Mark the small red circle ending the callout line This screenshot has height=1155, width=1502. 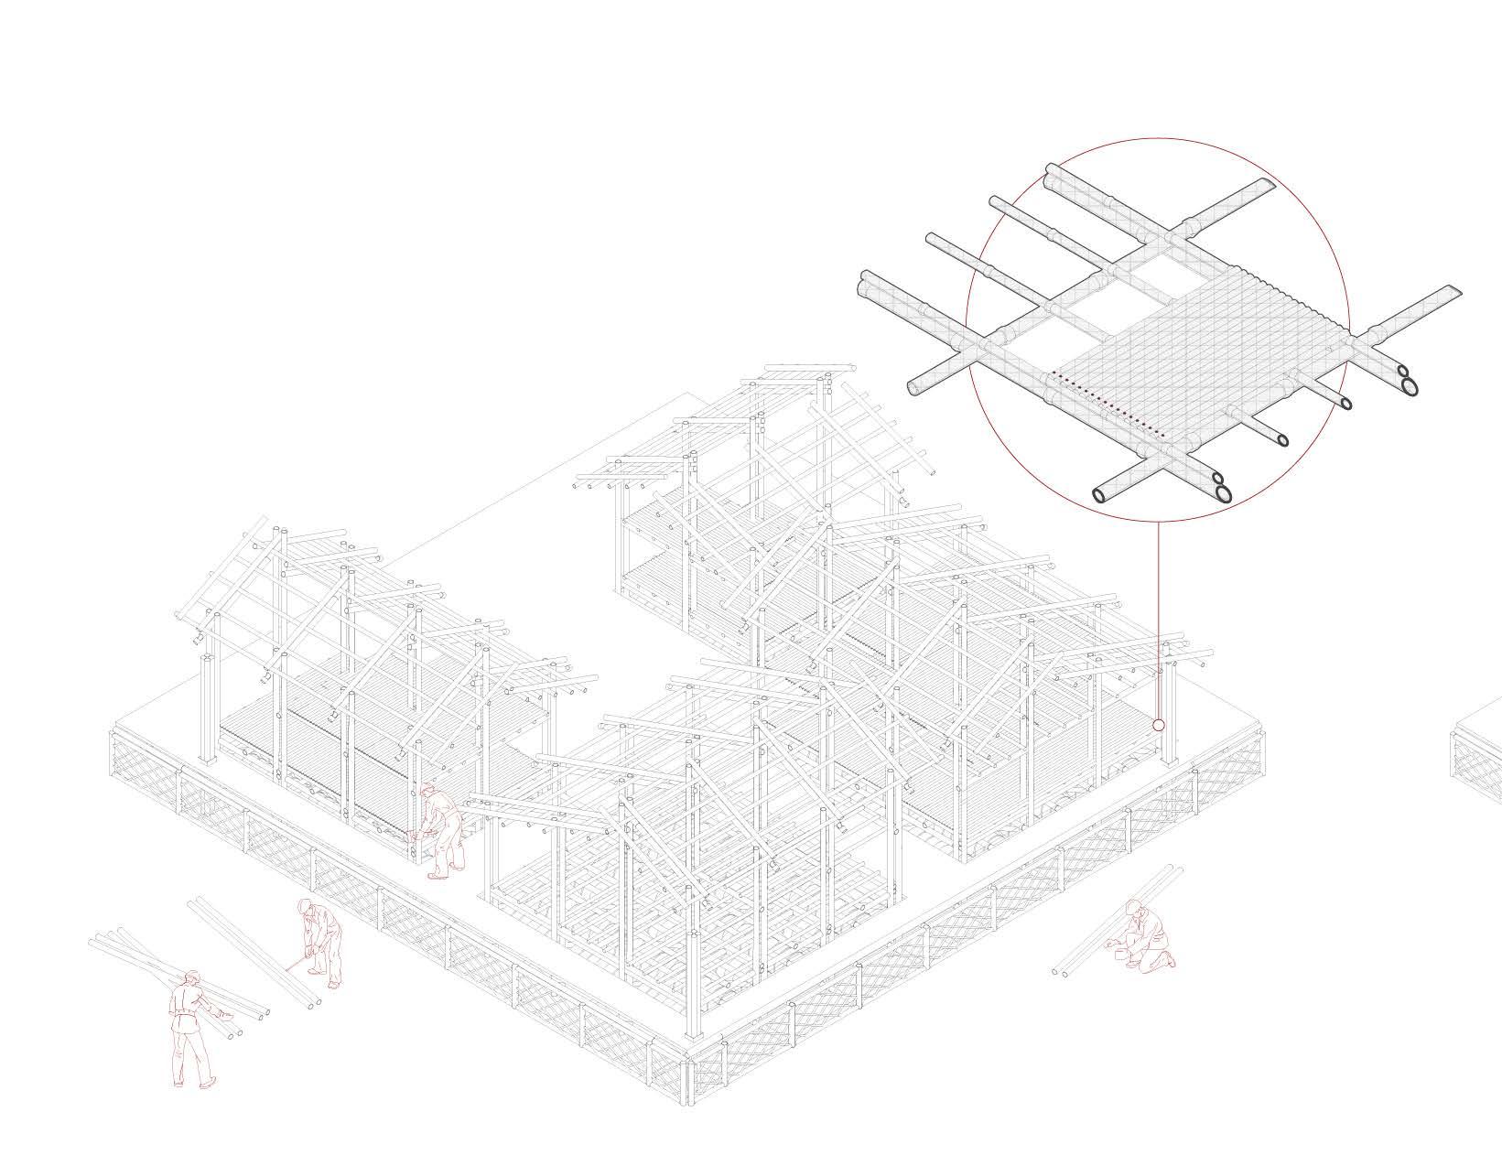click(1159, 725)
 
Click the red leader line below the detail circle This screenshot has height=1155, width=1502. click(1159, 622)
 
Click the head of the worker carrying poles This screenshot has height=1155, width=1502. click(192, 978)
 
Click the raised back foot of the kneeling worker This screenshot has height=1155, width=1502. click(1169, 959)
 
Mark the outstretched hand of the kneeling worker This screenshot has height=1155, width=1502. click(1110, 944)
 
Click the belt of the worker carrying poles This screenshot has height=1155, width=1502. click(188, 1013)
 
